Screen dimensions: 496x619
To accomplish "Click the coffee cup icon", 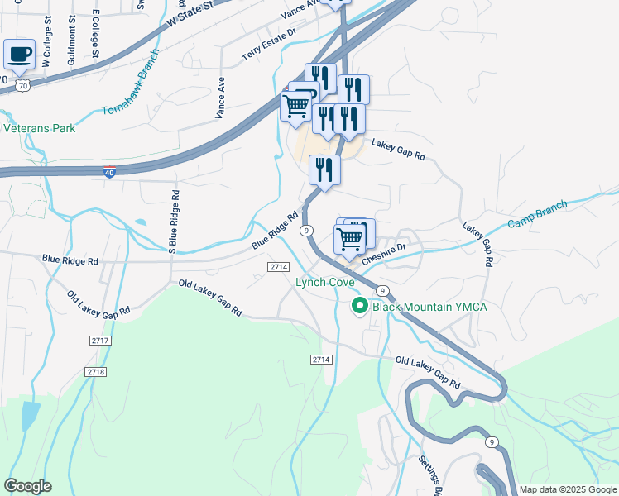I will tap(19, 55).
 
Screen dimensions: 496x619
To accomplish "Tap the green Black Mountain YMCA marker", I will tap(360, 307).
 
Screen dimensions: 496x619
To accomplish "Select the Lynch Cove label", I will tap(325, 282).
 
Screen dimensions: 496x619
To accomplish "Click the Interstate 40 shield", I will tap(109, 172).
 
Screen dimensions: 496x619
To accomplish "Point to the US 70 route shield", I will tap(22, 85).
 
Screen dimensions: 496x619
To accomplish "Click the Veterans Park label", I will tap(40, 128).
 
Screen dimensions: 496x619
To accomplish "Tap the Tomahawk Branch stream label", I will tap(131, 91).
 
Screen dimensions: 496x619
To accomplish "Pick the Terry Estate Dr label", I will tap(269, 45).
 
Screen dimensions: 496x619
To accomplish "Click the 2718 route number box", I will tap(96, 372).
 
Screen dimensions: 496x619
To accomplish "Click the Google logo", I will tap(27, 486).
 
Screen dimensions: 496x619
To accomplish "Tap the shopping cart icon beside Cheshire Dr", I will tap(349, 239).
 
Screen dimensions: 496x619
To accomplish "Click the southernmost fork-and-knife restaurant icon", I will tap(324, 170).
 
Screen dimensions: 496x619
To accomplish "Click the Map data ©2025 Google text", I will tap(568, 489).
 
